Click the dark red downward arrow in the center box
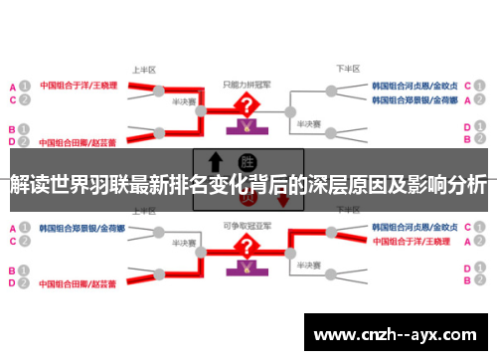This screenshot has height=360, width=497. (x=283, y=199)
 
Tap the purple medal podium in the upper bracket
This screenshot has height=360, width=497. (x=242, y=127)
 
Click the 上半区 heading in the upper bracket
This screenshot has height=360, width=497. (x=145, y=71)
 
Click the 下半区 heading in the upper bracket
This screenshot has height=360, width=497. (x=347, y=70)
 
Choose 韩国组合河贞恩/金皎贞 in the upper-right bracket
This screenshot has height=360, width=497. (x=414, y=86)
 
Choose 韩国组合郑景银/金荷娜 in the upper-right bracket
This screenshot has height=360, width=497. (x=414, y=100)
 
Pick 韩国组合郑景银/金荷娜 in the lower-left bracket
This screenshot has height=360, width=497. (x=82, y=228)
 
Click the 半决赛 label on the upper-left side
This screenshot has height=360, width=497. (x=182, y=101)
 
